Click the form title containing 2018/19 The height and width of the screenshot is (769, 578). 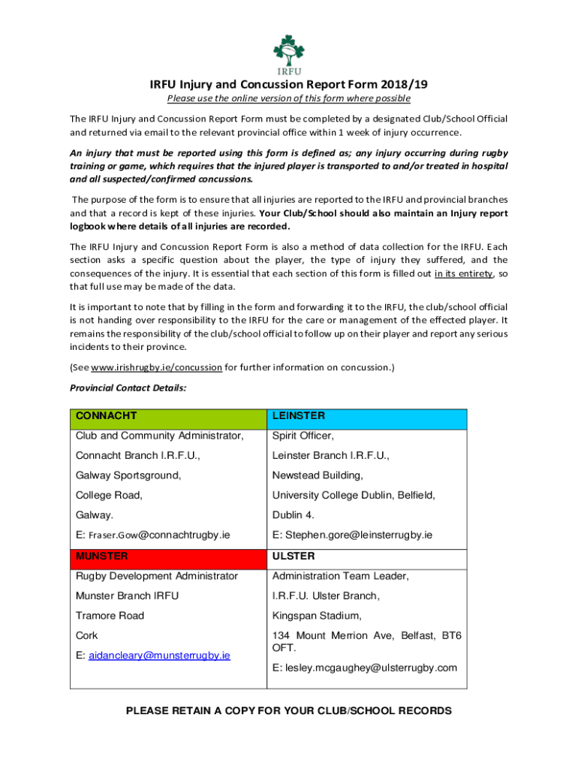288,84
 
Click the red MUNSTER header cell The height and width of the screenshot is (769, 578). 167,557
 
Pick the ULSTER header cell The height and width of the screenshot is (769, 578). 366,557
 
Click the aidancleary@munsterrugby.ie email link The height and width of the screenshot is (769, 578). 159,655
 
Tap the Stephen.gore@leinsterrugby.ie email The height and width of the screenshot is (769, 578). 352,535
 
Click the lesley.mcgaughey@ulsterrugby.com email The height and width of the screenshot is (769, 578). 364,668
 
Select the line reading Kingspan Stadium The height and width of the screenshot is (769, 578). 317,616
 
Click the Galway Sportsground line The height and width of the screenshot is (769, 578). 128,475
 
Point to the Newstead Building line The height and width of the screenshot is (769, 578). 318,475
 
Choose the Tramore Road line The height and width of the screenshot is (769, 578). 110,616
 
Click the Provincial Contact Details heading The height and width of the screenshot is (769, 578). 128,388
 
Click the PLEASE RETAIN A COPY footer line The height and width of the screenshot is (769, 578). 288,710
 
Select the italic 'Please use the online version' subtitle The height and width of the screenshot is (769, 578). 288,98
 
